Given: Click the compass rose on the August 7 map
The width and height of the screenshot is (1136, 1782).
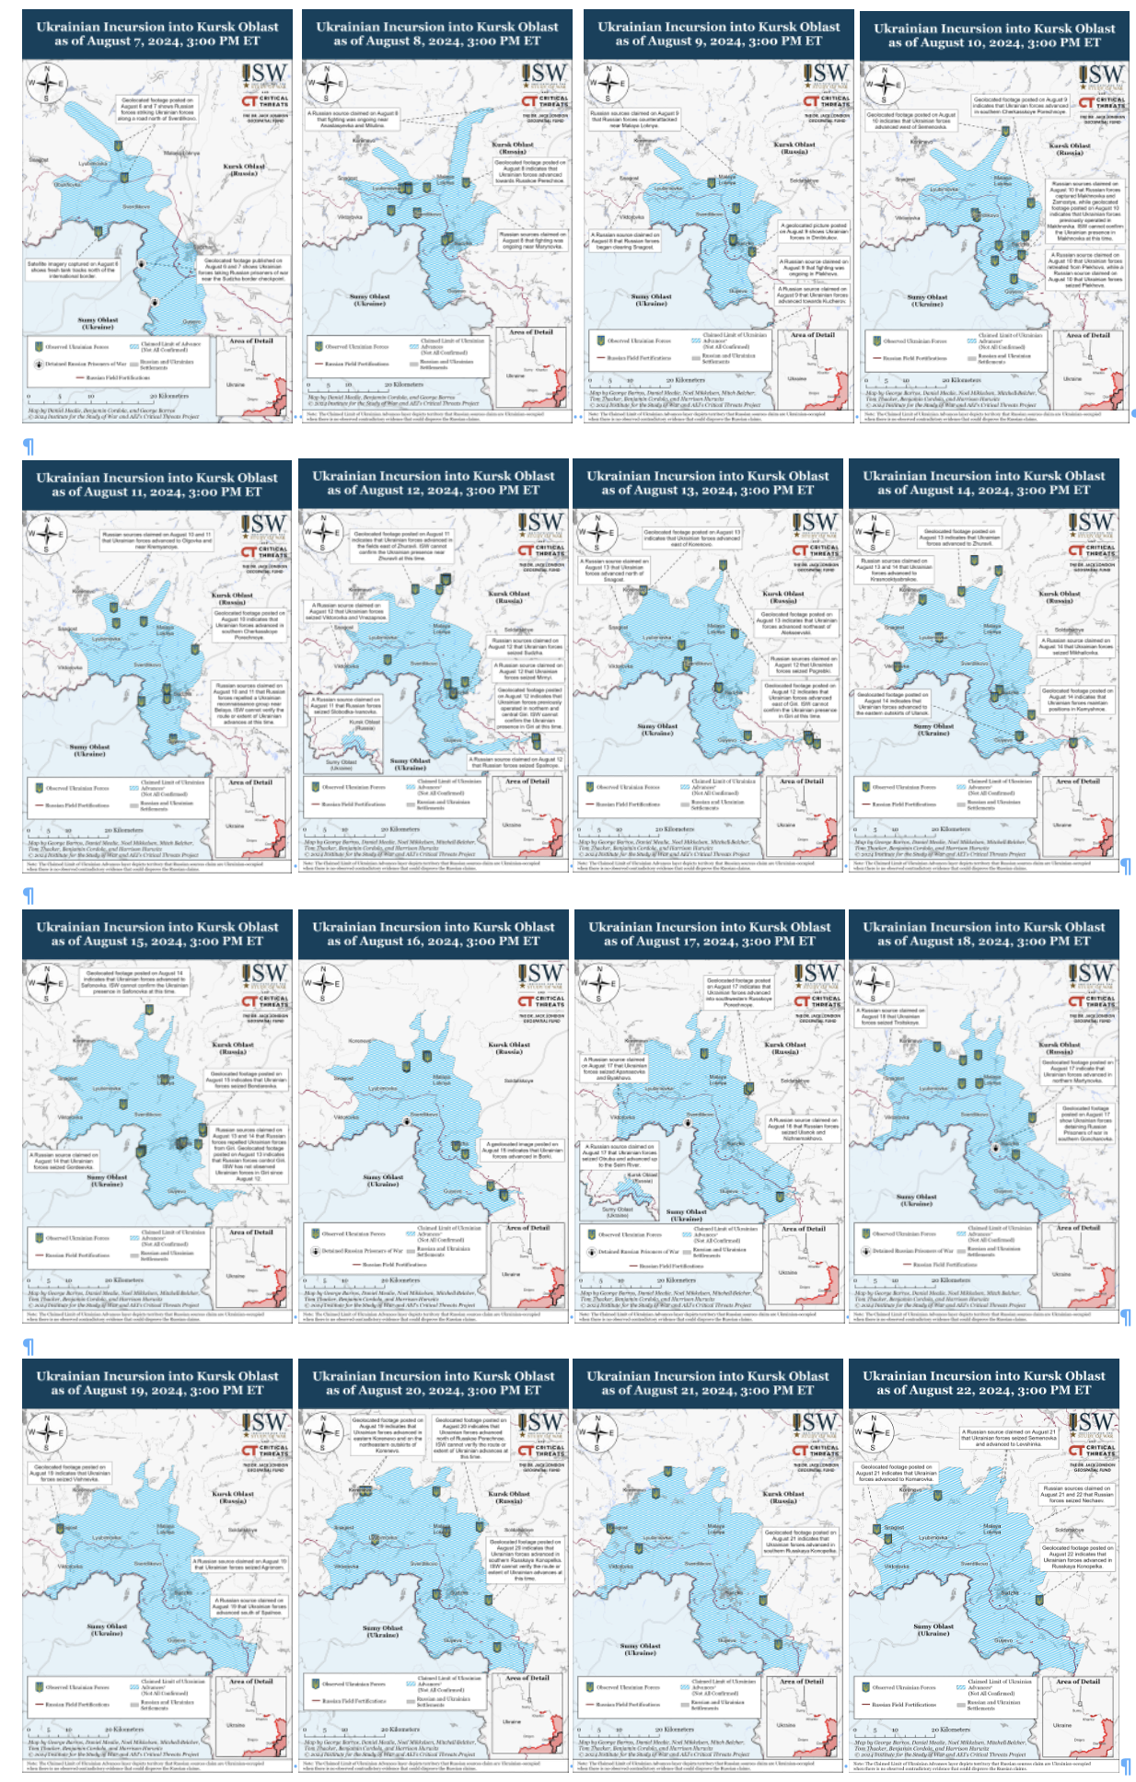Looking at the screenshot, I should pos(46,83).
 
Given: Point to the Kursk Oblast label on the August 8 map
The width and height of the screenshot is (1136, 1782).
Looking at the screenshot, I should pos(513,147).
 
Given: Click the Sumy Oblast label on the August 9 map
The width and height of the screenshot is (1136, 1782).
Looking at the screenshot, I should pos(651,299).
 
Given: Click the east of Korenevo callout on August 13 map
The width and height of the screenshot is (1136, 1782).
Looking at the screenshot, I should pos(691,537).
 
